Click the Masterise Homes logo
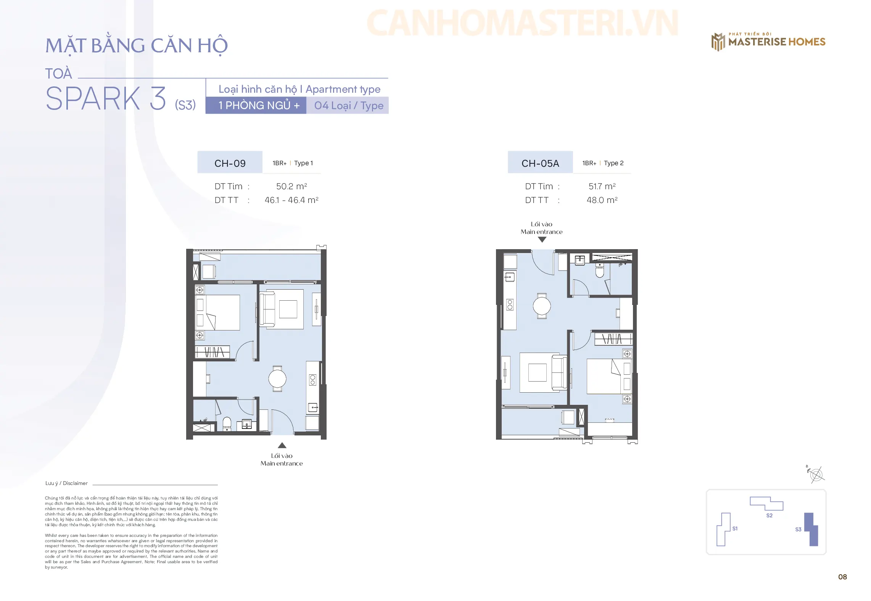click(x=768, y=42)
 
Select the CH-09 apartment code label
click(x=230, y=163)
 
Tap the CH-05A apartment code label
click(x=540, y=163)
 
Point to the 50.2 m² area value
click(x=291, y=186)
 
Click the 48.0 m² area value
click(x=602, y=200)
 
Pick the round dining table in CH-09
click(x=277, y=379)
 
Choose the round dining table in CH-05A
click(x=542, y=306)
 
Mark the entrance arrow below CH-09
click(x=282, y=445)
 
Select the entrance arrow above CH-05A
click(x=542, y=240)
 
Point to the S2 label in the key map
click(x=769, y=516)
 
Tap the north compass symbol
click(x=816, y=475)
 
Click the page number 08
click(x=842, y=577)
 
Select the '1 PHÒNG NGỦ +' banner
click(x=256, y=105)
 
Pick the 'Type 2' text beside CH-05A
click(x=614, y=163)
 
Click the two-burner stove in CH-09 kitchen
click(x=312, y=380)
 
